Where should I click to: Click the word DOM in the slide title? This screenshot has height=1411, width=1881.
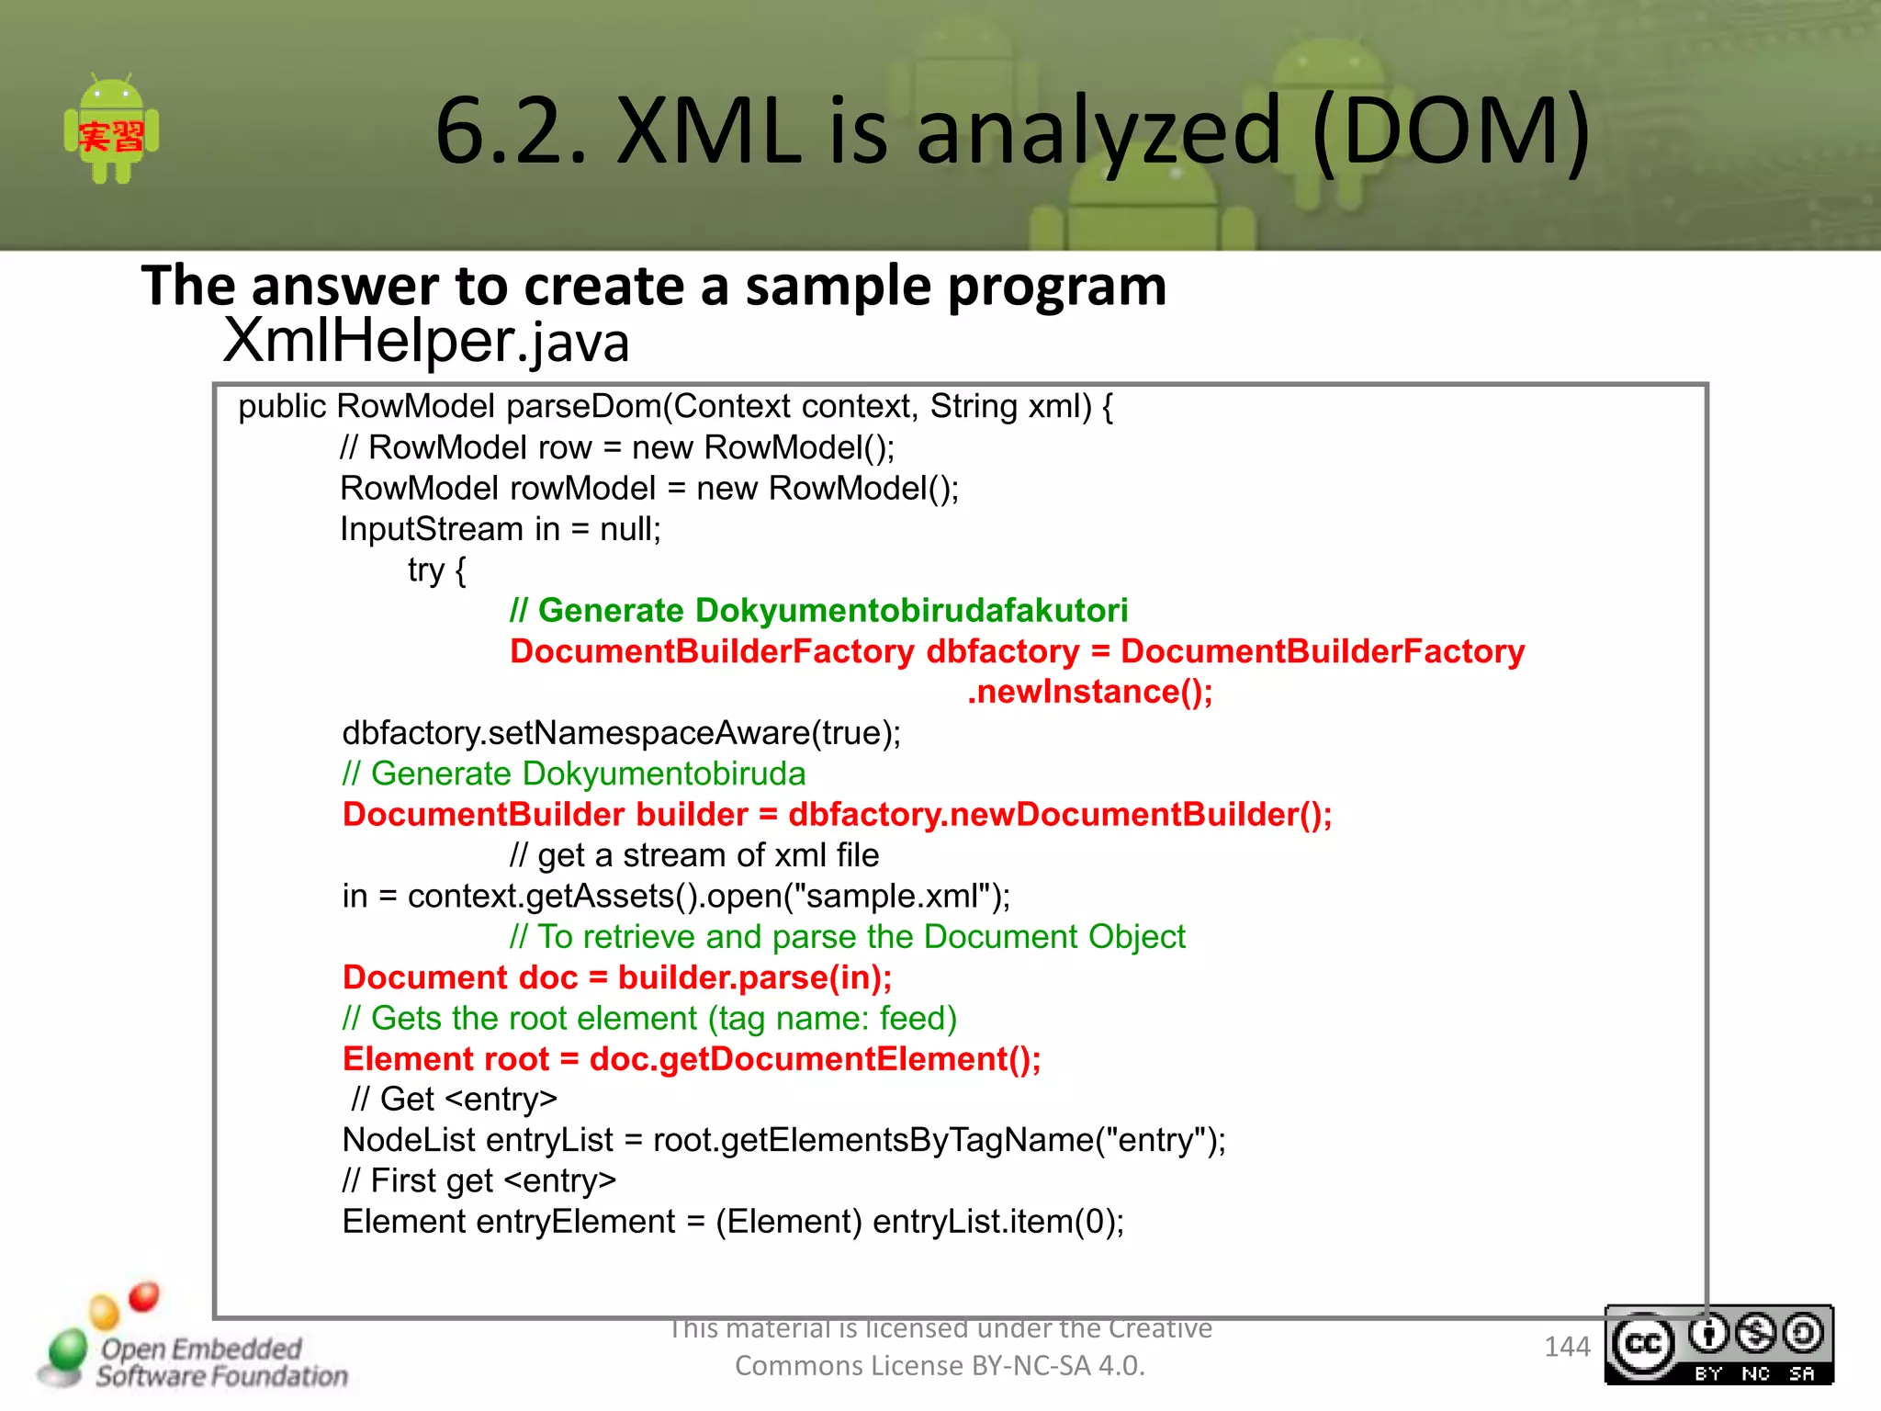pyautogui.click(x=1452, y=131)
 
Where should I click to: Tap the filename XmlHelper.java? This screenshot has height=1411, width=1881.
pyautogui.click(x=426, y=341)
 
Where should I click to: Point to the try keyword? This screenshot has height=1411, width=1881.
pyautogui.click(x=426, y=570)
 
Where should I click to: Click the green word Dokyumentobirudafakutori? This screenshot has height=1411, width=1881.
pyautogui.click(x=911, y=611)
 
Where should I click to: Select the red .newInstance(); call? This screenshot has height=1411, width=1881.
pyautogui.click(x=1090, y=692)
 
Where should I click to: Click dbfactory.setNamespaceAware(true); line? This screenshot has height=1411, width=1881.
pyautogui.click(x=622, y=733)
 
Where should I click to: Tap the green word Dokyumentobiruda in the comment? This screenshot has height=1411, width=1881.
pyautogui.click(x=663, y=773)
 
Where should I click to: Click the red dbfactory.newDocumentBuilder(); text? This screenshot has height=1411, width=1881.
pyautogui.click(x=1060, y=815)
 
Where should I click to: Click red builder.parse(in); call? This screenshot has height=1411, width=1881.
pyautogui.click(x=755, y=977)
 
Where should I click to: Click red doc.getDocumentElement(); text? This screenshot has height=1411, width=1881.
pyautogui.click(x=815, y=1059)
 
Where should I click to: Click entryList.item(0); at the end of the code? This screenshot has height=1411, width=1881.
pyautogui.click(x=998, y=1222)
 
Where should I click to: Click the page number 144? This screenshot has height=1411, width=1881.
pyautogui.click(x=1566, y=1347)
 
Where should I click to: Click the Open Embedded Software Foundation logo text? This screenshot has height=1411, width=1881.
pyautogui.click(x=220, y=1362)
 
